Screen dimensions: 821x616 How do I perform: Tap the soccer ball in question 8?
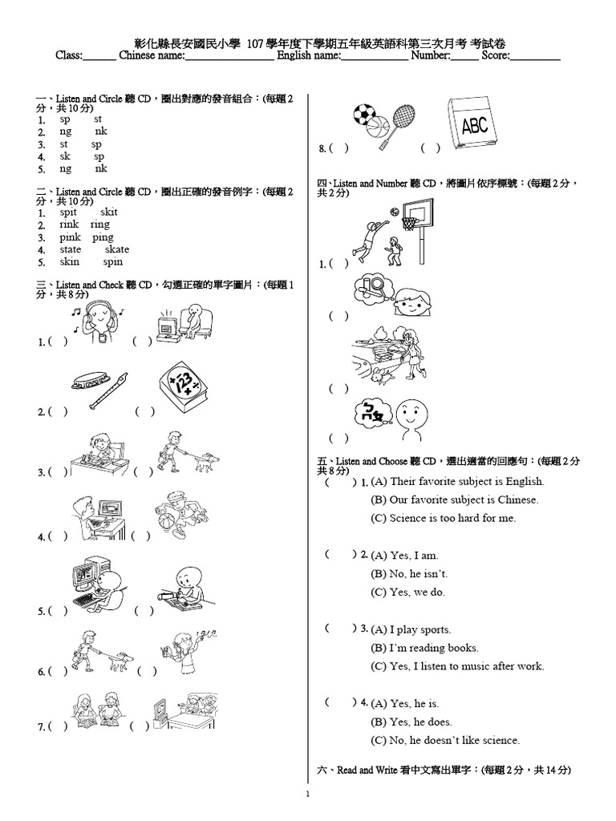[x=365, y=115]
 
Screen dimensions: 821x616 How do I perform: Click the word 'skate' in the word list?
[x=116, y=249]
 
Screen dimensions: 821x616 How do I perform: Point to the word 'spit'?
[x=68, y=212]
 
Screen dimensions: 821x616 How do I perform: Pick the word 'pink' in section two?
[x=71, y=237]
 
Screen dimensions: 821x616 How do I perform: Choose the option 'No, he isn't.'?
[x=409, y=574]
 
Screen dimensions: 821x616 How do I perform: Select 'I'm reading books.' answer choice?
[x=424, y=648]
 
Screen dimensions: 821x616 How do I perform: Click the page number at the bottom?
[x=308, y=795]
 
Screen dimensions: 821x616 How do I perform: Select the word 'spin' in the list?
[x=113, y=262]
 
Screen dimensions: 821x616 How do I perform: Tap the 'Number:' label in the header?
[x=431, y=55]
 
